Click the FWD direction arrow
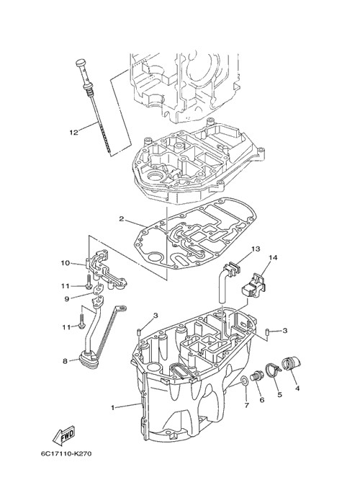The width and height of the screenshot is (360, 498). (64, 435)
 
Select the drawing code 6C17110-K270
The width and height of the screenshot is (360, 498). (66, 453)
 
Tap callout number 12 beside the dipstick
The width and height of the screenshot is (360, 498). (73, 132)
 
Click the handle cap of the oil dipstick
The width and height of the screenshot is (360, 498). (81, 62)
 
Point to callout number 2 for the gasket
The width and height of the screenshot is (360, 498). (122, 219)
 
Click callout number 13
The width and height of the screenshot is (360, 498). (256, 249)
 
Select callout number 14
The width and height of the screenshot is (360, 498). (273, 257)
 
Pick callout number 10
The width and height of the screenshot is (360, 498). (65, 263)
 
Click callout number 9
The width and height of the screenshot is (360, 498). (67, 299)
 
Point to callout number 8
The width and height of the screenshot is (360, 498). (65, 361)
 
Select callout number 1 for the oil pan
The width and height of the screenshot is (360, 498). (112, 407)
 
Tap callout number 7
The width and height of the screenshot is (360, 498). (247, 405)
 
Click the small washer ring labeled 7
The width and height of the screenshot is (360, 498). (244, 381)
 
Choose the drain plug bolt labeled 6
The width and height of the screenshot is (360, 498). (257, 377)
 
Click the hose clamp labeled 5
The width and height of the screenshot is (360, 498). (273, 370)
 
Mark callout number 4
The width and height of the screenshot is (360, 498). (297, 388)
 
